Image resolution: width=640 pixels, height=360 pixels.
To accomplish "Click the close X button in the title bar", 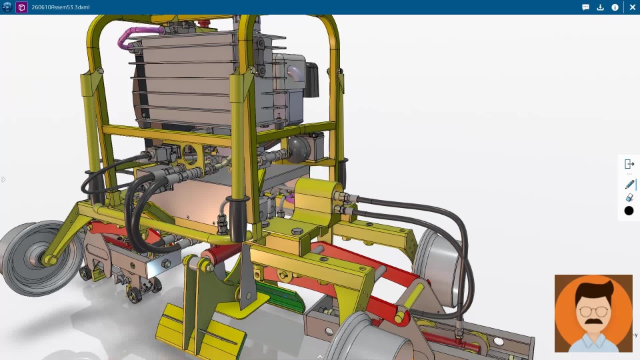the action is point(632,7).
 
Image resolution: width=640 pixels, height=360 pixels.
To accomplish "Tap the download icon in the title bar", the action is point(600,7).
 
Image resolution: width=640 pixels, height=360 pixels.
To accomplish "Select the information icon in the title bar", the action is point(615,7).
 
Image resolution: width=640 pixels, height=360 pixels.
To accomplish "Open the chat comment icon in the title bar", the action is point(585,7).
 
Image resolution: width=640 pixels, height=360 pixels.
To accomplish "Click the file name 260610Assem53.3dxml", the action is point(61,7).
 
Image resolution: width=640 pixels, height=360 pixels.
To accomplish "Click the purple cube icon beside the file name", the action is point(21,7).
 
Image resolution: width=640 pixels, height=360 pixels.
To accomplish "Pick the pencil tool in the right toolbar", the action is point(629,185).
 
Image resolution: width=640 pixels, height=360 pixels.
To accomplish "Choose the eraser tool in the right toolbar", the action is point(629,198).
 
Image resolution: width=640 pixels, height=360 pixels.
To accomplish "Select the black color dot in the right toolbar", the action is point(629,211).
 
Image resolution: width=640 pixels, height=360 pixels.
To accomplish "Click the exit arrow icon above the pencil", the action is point(629,164).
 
